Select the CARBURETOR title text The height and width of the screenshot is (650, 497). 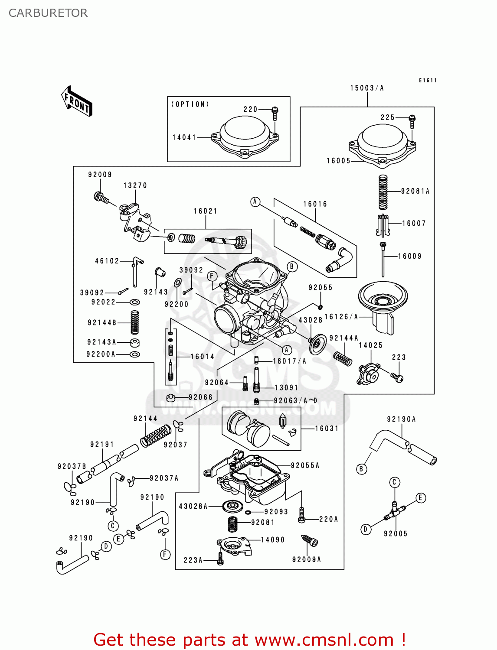coord(48,13)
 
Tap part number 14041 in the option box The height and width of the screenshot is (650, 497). coord(184,137)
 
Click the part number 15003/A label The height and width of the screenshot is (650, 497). coord(367,88)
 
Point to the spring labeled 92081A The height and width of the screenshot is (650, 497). coord(383,192)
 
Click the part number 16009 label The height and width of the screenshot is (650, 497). coord(410,256)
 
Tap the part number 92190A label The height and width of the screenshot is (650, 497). coord(401,419)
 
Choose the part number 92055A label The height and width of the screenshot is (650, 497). coord(305,465)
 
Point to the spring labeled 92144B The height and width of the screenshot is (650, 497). coord(135,322)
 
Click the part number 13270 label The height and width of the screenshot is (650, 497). coord(135,185)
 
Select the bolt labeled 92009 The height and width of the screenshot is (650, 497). coord(101,198)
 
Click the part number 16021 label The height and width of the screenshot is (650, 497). coord(206,211)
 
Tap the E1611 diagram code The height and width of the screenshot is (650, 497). coord(428,80)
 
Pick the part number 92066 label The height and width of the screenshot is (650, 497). coord(201,397)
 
